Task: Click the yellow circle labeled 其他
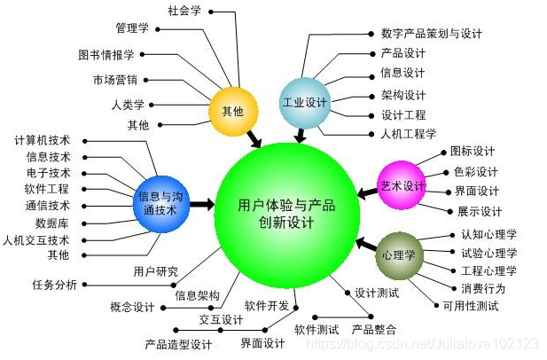click(232, 111)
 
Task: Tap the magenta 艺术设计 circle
click(402, 186)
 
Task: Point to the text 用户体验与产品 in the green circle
click(286, 205)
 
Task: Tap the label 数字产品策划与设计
click(431, 33)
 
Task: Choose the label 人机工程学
click(408, 134)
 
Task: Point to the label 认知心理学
click(488, 235)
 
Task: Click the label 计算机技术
click(43, 140)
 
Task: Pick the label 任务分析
click(54, 284)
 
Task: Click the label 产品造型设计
click(178, 344)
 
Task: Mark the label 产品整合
click(374, 328)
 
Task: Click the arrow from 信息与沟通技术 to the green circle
click(202, 205)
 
